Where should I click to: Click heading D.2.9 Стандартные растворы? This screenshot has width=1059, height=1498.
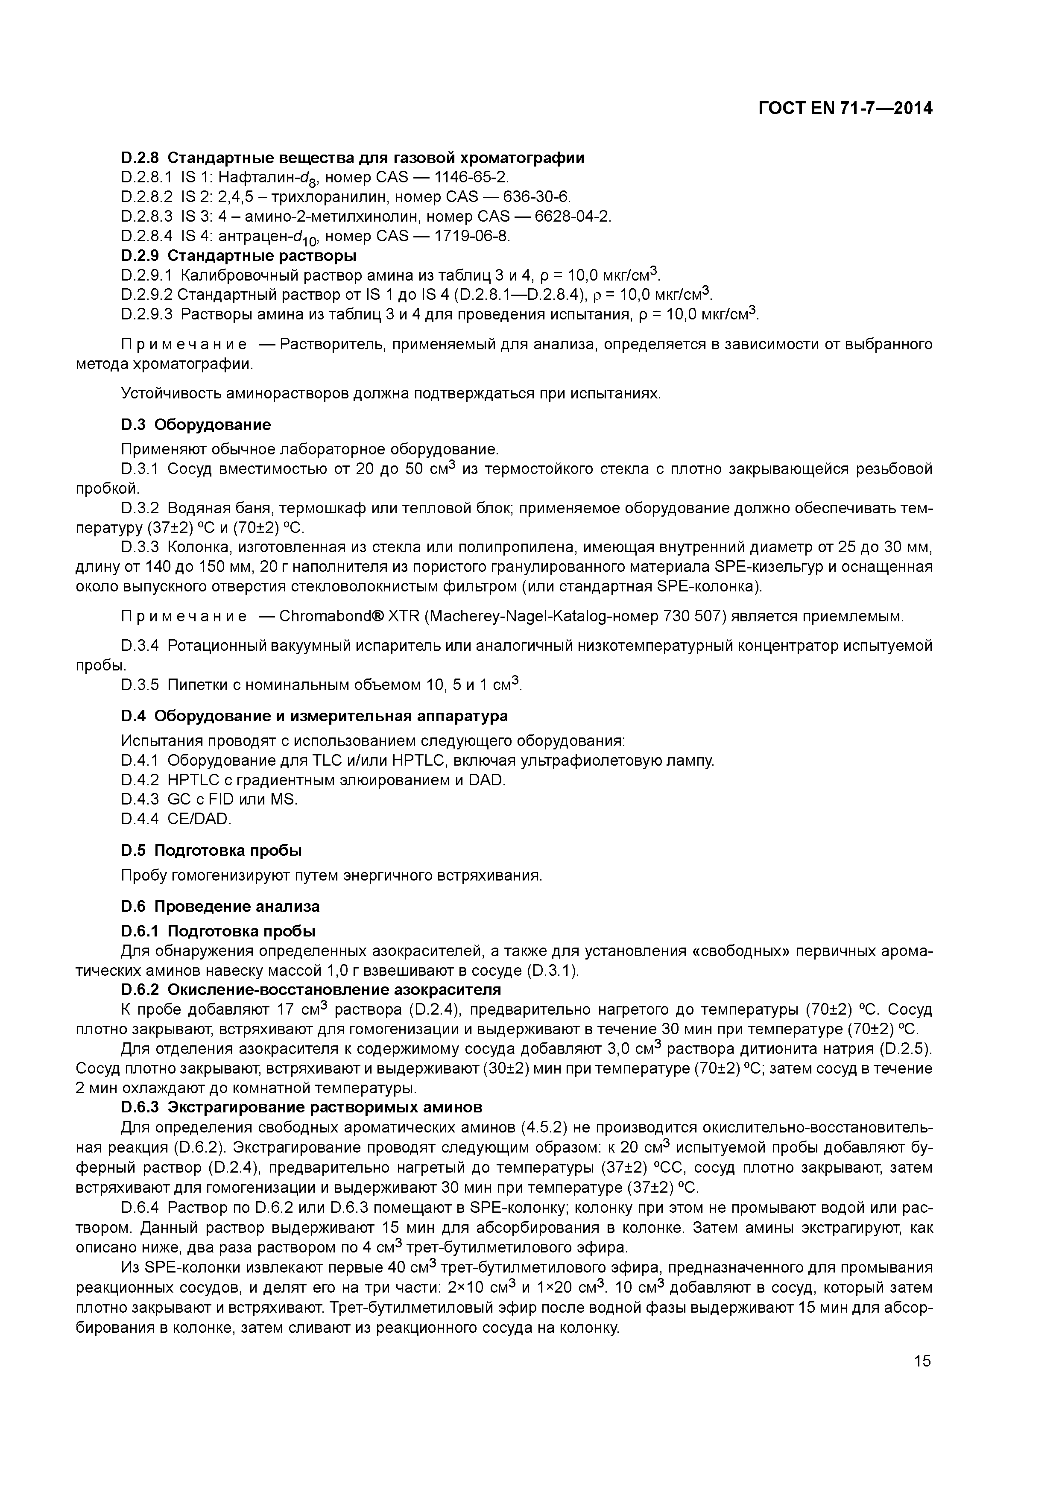click(x=238, y=255)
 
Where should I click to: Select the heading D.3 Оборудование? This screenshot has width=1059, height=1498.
click(x=196, y=425)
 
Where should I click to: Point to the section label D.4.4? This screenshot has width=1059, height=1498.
click(x=140, y=818)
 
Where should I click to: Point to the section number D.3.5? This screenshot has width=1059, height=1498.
click(x=140, y=685)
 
